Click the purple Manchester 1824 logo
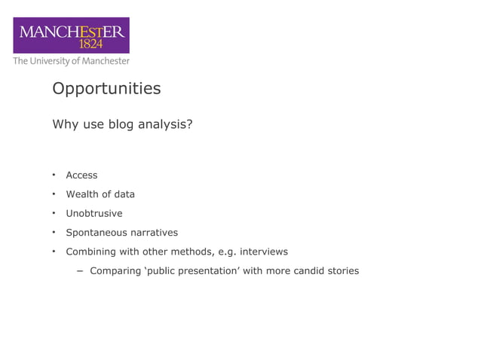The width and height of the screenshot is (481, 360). pyautogui.click(x=70, y=35)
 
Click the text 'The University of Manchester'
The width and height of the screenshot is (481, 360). pyautogui.click(x=71, y=61)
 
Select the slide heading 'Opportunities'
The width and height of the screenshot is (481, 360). pyautogui.click(x=106, y=89)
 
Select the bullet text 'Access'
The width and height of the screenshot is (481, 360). pyautogui.click(x=81, y=175)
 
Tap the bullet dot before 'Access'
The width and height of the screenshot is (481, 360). pyautogui.click(x=54, y=175)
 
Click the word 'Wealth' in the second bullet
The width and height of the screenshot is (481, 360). pyautogui.click(x=82, y=194)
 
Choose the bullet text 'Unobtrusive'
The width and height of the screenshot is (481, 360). pyautogui.click(x=93, y=213)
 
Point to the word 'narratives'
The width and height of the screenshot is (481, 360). pyautogui.click(x=154, y=233)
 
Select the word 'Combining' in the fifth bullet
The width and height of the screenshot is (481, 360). pyautogui.click(x=90, y=252)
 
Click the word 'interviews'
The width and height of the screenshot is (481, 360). pyautogui.click(x=263, y=252)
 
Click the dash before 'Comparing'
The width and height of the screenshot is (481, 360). pyautogui.click(x=79, y=271)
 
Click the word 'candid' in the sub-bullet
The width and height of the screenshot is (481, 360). pyautogui.click(x=305, y=271)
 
